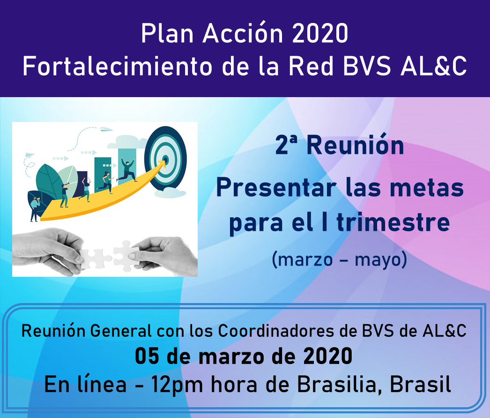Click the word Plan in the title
tap(167, 33)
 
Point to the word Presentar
tap(276, 188)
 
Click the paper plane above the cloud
tap(106, 129)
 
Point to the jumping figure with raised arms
tap(127, 170)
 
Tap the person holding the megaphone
tap(35, 209)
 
